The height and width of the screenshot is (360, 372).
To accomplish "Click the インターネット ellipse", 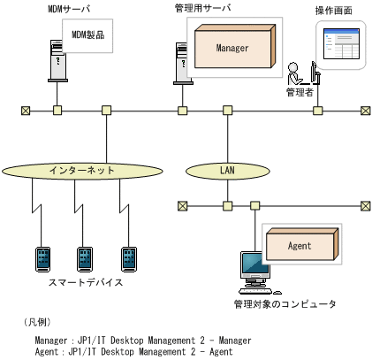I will [82, 169].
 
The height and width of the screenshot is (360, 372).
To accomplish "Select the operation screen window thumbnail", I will [341, 46].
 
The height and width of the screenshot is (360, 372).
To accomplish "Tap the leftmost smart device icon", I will [42, 257].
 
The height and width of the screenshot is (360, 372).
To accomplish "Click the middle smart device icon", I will [85, 257].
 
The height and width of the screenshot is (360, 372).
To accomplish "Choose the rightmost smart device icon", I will [128, 257].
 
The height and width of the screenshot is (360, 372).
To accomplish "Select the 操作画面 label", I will [335, 10].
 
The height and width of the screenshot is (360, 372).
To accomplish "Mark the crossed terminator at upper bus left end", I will [26, 111].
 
